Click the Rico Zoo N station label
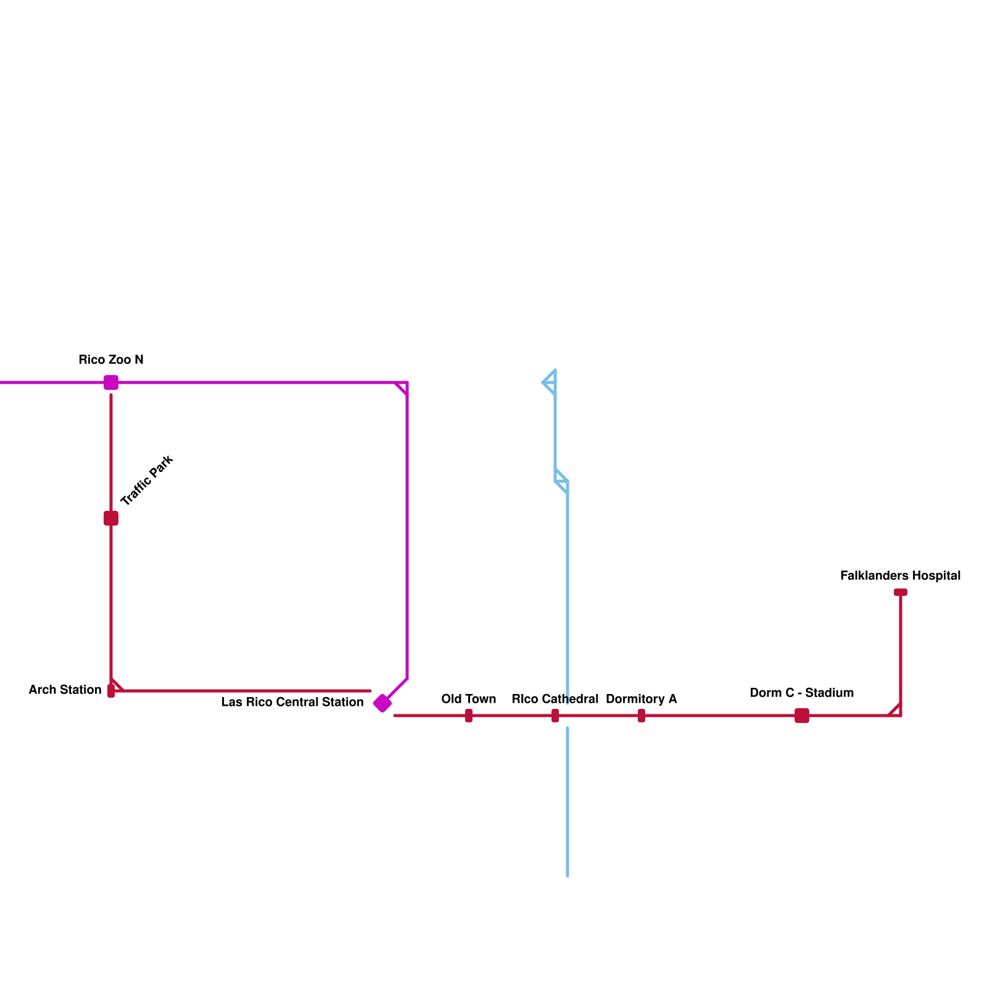(111, 360)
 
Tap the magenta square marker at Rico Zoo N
(111, 382)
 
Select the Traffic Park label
(147, 481)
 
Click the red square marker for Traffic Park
(111, 518)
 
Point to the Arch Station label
(65, 690)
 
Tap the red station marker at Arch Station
(111, 691)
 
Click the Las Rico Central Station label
(292, 702)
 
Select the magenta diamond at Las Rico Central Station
(382, 703)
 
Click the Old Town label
(469, 699)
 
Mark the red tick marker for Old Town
(469, 716)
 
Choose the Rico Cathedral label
(555, 699)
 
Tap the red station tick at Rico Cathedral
(555, 716)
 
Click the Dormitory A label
(642, 699)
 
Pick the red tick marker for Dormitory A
(642, 716)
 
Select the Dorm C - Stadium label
(802, 693)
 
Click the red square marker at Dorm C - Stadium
(802, 716)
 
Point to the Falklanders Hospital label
(901, 576)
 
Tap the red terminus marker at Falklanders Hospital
(901, 592)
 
